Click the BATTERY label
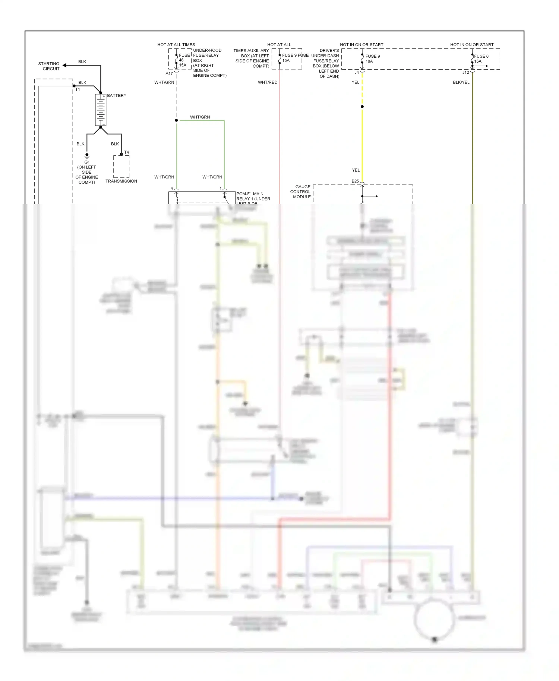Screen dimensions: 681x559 pyautogui.click(x=117, y=96)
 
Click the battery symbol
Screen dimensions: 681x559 pyautogui.click(x=101, y=110)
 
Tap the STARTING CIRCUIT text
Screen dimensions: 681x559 pyautogui.click(x=49, y=66)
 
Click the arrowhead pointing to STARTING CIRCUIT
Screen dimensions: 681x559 pyautogui.click(x=65, y=66)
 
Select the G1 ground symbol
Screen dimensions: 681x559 pyautogui.click(x=87, y=155)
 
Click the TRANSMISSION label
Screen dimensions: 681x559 pyautogui.click(x=121, y=181)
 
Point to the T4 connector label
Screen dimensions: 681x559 pyautogui.click(x=126, y=152)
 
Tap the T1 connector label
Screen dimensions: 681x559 pyautogui.click(x=78, y=90)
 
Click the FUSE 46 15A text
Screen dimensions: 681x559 pyautogui.click(x=183, y=60)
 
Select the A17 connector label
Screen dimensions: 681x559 pyautogui.click(x=169, y=74)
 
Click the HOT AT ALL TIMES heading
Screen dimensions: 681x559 pyautogui.click(x=176, y=45)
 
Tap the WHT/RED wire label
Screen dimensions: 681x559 pyautogui.click(x=268, y=82)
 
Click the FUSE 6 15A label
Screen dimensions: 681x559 pyautogui.click(x=481, y=59)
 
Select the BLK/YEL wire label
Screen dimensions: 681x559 pyautogui.click(x=461, y=82)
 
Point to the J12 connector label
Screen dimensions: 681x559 pyautogui.click(x=465, y=73)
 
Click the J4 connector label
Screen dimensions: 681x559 pyautogui.click(x=357, y=73)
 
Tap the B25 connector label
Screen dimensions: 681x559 pyautogui.click(x=355, y=181)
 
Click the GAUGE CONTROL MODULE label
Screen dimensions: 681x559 pyautogui.click(x=301, y=192)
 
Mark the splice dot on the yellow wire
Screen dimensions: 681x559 pyautogui.click(x=362, y=107)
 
